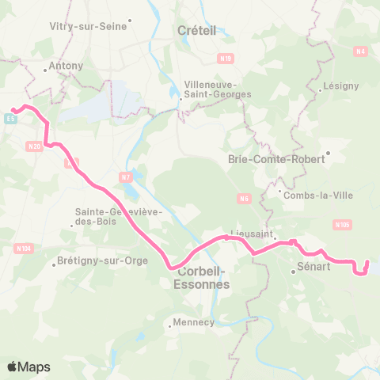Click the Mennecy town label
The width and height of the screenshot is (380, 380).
(193, 322)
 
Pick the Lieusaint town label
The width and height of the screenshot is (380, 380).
(250, 234)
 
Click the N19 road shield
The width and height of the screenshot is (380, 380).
(226, 58)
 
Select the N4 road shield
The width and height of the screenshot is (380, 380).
(362, 51)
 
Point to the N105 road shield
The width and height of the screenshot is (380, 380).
(342, 225)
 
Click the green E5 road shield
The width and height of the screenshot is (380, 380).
(10, 119)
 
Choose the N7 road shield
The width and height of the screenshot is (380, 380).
(124, 176)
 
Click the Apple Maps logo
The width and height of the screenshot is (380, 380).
(28, 367)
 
